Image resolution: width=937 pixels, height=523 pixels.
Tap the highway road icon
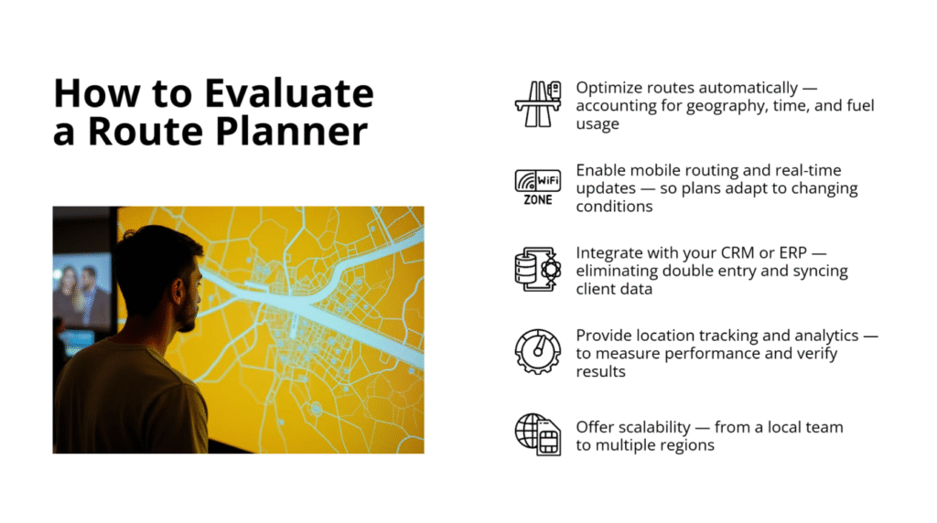537,103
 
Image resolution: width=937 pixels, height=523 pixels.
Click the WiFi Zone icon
537,187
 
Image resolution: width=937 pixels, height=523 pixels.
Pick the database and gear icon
537,270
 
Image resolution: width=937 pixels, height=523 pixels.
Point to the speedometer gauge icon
537,352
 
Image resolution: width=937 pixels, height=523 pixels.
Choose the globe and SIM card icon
537,434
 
